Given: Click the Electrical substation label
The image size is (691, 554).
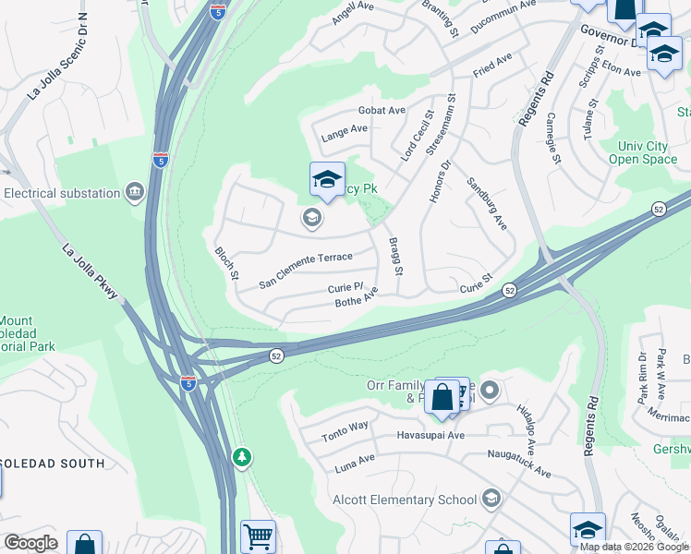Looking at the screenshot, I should pyautogui.click(x=62, y=194).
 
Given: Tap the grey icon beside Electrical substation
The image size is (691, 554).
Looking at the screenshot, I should pyautogui.click(x=135, y=193).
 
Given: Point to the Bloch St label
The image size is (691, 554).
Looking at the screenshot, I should pyautogui.click(x=226, y=263).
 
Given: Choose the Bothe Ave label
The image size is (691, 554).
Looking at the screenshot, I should pyautogui.click(x=357, y=298).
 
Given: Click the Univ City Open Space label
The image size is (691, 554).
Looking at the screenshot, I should pyautogui.click(x=643, y=152).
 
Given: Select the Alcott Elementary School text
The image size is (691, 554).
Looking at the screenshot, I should pyautogui.click(x=405, y=500).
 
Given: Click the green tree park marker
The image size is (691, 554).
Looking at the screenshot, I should pyautogui.click(x=242, y=456).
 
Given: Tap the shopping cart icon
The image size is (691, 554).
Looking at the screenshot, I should pyautogui.click(x=258, y=536).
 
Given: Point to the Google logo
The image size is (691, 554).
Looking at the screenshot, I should pyautogui.click(x=30, y=543).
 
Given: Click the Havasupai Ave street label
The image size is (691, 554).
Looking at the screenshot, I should pyautogui.click(x=430, y=435).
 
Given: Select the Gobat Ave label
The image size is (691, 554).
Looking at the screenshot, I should pyautogui.click(x=382, y=111).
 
